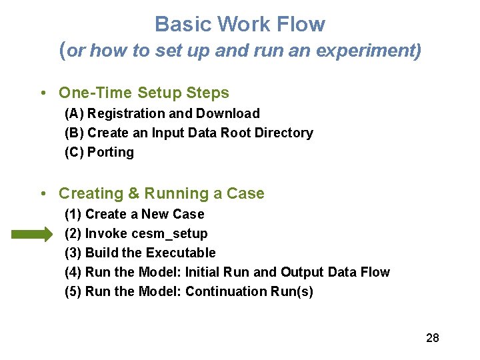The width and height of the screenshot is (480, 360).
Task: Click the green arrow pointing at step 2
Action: tap(31, 234)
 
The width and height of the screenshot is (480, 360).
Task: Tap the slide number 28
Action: tap(432, 338)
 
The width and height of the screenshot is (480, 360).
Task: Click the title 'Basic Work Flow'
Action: tap(240, 25)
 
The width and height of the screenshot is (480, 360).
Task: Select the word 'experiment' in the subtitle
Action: tap(377, 51)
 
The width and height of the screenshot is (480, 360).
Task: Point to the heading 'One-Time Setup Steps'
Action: tap(144, 93)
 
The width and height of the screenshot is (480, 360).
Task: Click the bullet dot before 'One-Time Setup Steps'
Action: tap(43, 93)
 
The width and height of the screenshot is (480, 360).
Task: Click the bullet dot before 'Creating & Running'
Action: tap(43, 194)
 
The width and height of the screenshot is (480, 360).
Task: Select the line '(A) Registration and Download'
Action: tap(162, 113)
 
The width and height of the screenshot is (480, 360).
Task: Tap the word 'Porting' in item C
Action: tap(111, 152)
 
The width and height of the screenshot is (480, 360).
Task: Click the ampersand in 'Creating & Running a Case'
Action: tap(133, 193)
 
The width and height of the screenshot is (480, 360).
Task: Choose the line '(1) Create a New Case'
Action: tap(135, 214)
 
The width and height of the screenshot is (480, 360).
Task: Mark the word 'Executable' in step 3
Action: tap(181, 253)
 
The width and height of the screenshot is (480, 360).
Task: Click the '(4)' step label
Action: tap(73, 272)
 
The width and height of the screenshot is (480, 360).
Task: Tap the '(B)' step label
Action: tap(74, 133)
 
